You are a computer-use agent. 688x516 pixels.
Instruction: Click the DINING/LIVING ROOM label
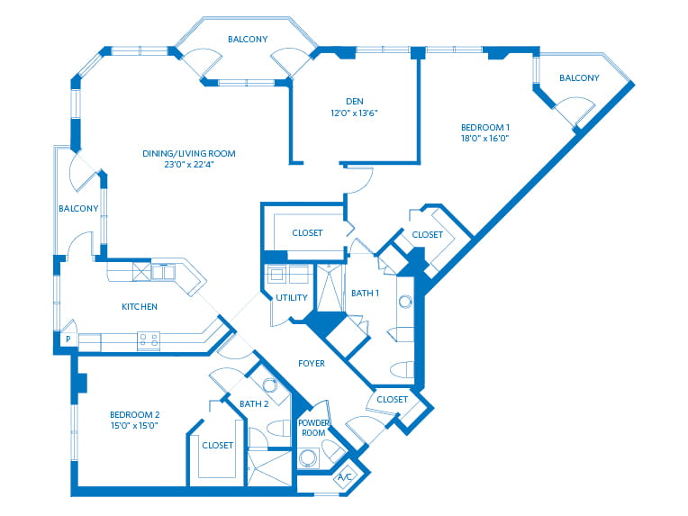[x=188, y=153]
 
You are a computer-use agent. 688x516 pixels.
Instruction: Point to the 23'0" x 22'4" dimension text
[x=188, y=165]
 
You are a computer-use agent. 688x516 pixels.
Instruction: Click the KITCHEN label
[x=140, y=307]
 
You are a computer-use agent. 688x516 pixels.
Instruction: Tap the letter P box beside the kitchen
[x=66, y=339]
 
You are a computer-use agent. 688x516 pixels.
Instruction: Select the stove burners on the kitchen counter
[x=148, y=340]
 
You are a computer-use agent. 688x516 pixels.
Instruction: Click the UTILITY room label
[x=292, y=297]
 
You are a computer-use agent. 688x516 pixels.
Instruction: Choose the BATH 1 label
[x=365, y=293]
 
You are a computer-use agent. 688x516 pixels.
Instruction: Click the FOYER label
[x=312, y=363]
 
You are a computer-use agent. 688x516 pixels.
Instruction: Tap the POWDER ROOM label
[x=314, y=427]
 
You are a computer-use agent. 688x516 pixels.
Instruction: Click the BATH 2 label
[x=254, y=403]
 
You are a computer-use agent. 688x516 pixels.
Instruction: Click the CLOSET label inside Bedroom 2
[x=218, y=445]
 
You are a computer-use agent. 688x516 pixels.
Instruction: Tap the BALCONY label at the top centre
[x=247, y=40]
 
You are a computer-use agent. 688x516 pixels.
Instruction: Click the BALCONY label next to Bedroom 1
[x=579, y=77]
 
